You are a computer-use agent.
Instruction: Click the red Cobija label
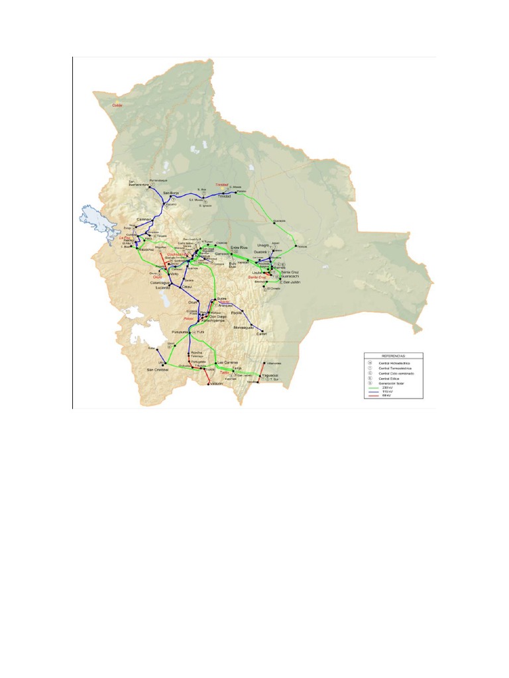pyautogui.click(x=117, y=105)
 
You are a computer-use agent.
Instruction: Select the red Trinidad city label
pyautogui.click(x=221, y=185)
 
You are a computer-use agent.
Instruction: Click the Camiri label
pyautogui.click(x=260, y=334)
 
